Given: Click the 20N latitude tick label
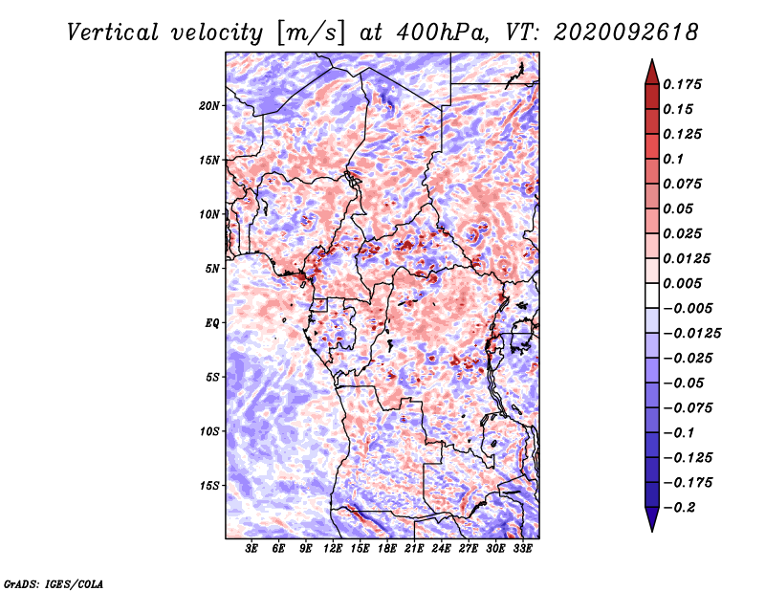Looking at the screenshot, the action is (209, 106).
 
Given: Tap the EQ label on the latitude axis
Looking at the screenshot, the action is (211, 323).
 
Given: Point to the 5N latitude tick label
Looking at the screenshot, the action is (212, 269).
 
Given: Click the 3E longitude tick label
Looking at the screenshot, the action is (251, 549).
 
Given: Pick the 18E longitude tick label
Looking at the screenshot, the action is (387, 549).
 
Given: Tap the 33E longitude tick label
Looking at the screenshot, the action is (522, 549).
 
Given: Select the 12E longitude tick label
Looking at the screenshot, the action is (333, 549).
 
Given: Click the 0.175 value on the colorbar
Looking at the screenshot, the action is (682, 84).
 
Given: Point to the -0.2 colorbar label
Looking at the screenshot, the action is (679, 508).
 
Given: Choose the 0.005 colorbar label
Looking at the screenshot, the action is (682, 283).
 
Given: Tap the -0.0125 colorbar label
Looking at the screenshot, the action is (691, 334).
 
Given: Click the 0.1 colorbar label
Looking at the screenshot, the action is (673, 159).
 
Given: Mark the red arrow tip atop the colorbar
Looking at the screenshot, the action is (652, 59).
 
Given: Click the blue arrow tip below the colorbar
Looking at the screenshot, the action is (652, 531).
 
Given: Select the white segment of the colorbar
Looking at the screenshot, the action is (652, 295).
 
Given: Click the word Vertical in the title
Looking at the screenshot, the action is (113, 33).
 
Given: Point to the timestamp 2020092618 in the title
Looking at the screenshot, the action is (626, 33).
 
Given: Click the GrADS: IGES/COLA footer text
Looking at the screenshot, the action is (54, 583).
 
